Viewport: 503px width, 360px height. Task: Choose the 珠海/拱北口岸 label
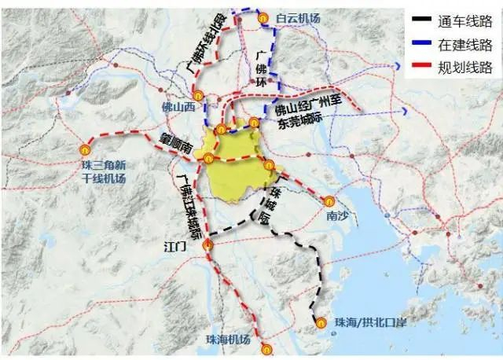pyautogui.click(x=369, y=322)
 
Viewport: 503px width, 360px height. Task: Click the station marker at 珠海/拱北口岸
pyautogui.click(x=321, y=321)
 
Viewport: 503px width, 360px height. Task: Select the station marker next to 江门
pyautogui.click(x=207, y=246)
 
